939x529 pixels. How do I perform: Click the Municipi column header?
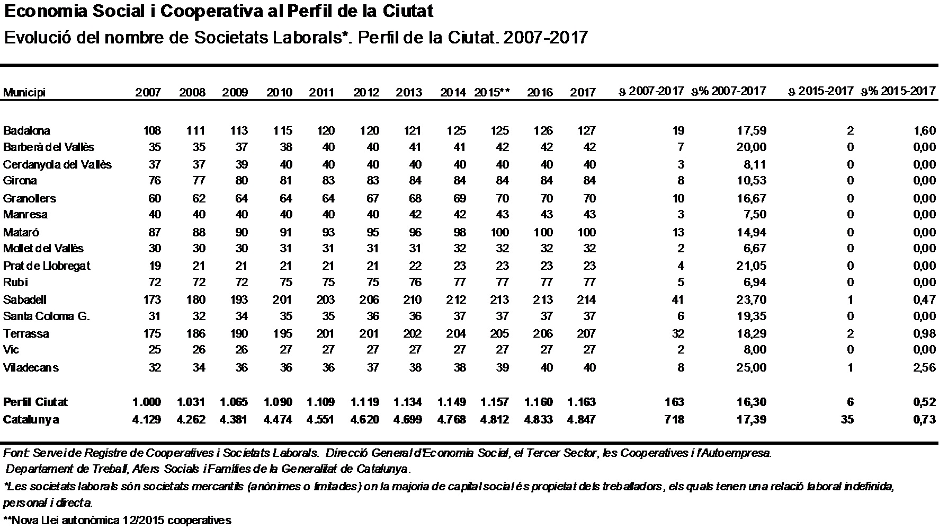(x=24, y=92)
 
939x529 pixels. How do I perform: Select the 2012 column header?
(x=366, y=92)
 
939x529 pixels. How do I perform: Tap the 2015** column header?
(x=492, y=92)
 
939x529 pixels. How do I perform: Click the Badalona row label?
(x=26, y=130)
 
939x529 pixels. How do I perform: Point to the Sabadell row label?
(x=25, y=299)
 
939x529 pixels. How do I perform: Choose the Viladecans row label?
(x=31, y=367)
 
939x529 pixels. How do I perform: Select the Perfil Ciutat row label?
(x=35, y=402)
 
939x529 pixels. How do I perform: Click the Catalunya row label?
(x=31, y=420)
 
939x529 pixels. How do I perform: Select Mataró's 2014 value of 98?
(x=460, y=232)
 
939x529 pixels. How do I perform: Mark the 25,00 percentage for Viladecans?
(x=751, y=367)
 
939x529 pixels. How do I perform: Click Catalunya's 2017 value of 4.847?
(x=581, y=419)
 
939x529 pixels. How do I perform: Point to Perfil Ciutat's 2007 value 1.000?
(x=147, y=402)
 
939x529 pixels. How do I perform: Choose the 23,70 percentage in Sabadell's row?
(x=751, y=299)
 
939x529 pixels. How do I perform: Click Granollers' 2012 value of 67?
(x=373, y=198)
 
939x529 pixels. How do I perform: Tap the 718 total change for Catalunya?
(x=674, y=419)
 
